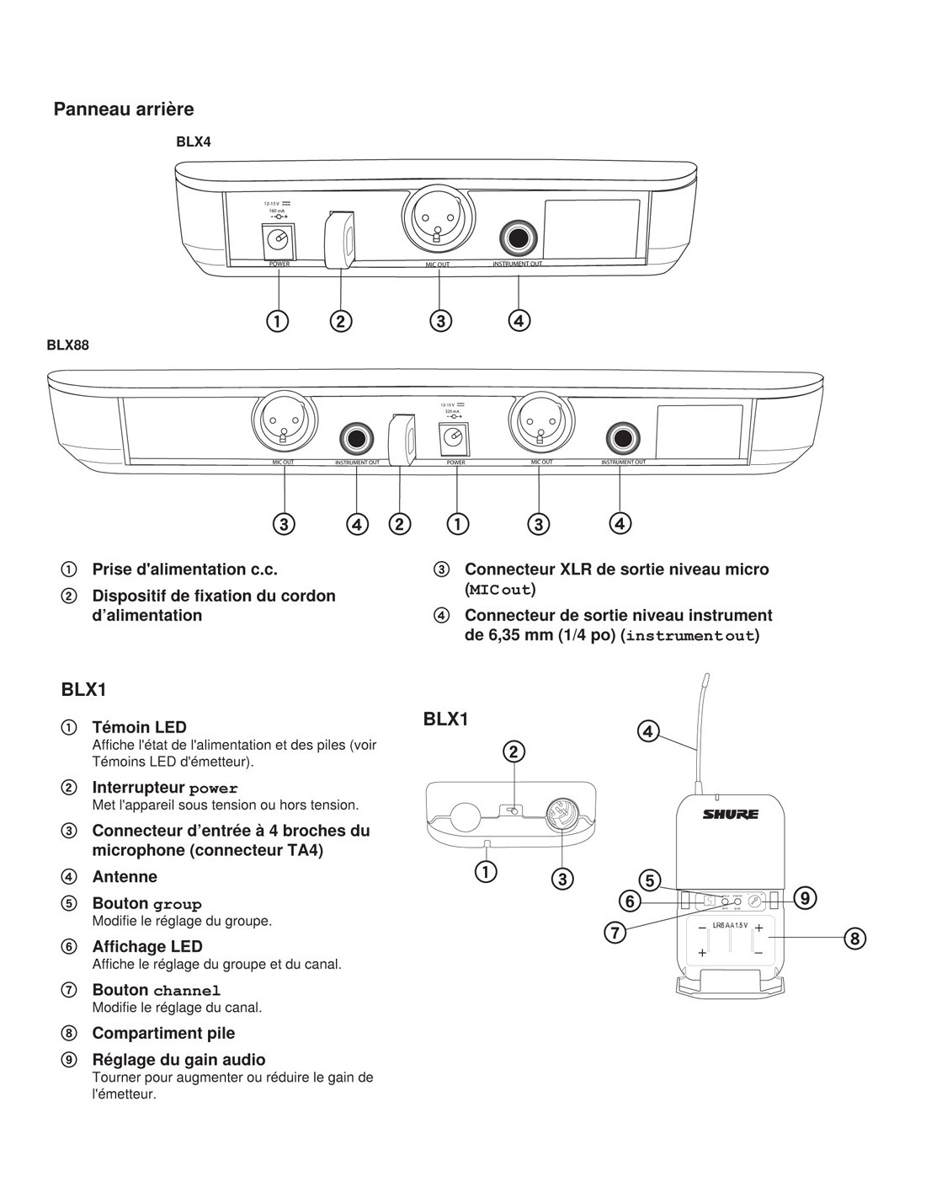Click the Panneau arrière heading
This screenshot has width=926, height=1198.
124,109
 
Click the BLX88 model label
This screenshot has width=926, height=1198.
67,345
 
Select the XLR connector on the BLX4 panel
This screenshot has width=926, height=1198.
436,217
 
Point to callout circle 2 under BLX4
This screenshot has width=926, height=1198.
341,320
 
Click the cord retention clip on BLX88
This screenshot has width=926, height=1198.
402,438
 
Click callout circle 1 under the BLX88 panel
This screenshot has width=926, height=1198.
457,523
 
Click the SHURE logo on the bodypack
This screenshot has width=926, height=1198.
731,814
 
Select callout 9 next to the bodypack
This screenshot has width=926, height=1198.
805,898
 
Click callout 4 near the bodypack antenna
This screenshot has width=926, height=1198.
647,730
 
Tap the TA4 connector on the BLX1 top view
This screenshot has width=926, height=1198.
561,815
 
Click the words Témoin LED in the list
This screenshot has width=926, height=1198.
139,726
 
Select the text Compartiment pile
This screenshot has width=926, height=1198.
163,1033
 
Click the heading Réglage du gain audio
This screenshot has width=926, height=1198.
178,1060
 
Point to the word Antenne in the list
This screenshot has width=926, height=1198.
125,876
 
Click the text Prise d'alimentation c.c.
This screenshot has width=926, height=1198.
184,569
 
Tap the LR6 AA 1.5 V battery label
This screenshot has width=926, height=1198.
730,925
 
